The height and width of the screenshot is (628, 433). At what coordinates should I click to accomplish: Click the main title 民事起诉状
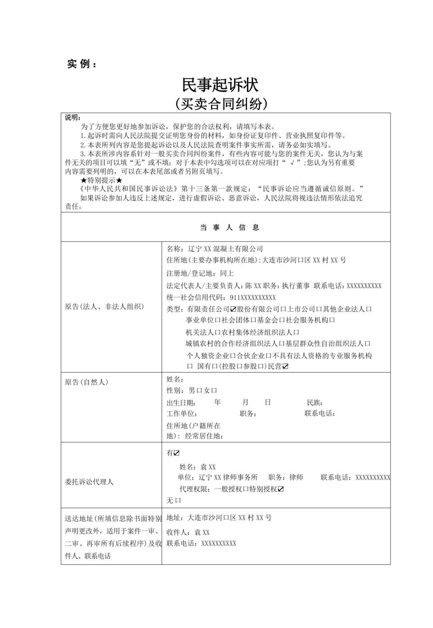click(220, 85)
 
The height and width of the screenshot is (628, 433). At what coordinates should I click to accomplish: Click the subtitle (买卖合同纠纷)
click(221, 104)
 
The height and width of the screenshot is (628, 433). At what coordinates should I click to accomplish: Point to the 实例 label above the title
click(82, 64)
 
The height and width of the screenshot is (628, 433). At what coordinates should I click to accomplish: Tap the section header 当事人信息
click(230, 228)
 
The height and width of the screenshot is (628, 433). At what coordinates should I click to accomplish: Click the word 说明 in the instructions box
click(73, 117)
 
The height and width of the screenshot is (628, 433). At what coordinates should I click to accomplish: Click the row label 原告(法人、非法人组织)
click(104, 307)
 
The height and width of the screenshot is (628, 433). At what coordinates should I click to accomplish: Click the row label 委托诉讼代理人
click(89, 482)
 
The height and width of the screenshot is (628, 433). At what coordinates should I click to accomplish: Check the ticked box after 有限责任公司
click(233, 309)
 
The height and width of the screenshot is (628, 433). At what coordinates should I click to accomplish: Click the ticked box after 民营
click(285, 366)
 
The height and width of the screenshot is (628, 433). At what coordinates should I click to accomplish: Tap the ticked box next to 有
click(177, 453)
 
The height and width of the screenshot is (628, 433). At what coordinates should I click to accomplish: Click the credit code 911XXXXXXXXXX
click(253, 297)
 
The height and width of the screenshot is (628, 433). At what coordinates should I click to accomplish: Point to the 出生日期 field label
click(181, 402)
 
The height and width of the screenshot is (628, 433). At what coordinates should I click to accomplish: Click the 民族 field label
click(315, 402)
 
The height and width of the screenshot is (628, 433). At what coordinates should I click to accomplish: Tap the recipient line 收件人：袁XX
click(188, 533)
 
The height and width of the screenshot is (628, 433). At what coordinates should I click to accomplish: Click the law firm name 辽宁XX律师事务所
click(228, 477)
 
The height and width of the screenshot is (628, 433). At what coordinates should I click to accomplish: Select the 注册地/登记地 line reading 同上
click(200, 273)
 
